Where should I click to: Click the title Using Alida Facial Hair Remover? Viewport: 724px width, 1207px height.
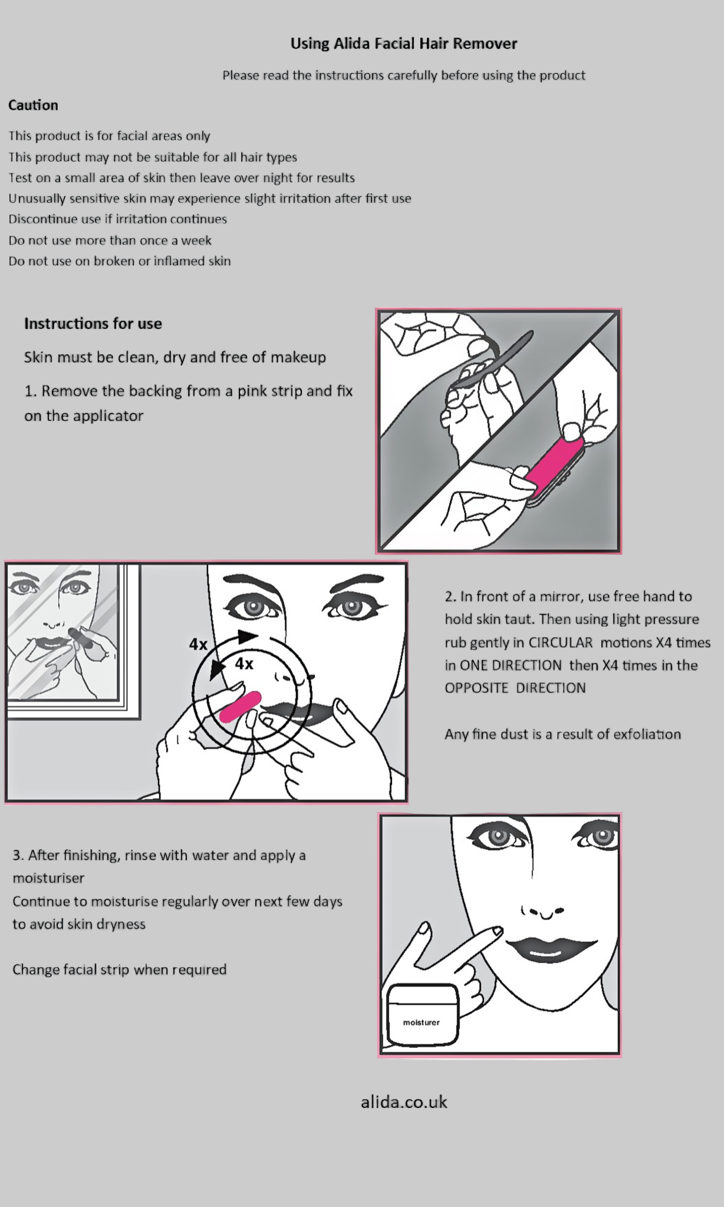tap(403, 44)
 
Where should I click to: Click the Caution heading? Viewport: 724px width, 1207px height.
tap(33, 105)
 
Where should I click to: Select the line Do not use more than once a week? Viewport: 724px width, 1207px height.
tap(110, 240)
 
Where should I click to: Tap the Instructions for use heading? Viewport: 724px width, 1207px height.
tap(93, 324)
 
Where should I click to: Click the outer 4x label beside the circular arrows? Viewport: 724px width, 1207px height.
tap(198, 645)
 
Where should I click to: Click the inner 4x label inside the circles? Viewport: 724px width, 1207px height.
tap(244, 664)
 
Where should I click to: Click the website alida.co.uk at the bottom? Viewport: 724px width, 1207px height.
tap(404, 1102)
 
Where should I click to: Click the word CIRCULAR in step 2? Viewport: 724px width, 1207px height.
tap(560, 642)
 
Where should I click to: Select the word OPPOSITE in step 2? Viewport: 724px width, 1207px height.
tap(478, 688)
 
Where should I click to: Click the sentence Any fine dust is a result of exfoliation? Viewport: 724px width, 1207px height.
tap(562, 734)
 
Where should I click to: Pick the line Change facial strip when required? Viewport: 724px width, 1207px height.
tap(120, 969)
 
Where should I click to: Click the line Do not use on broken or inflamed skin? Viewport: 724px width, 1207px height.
tap(120, 261)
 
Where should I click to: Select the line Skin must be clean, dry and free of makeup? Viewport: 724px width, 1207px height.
tap(175, 357)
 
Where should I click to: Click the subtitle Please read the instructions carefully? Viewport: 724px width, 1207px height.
tap(403, 75)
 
